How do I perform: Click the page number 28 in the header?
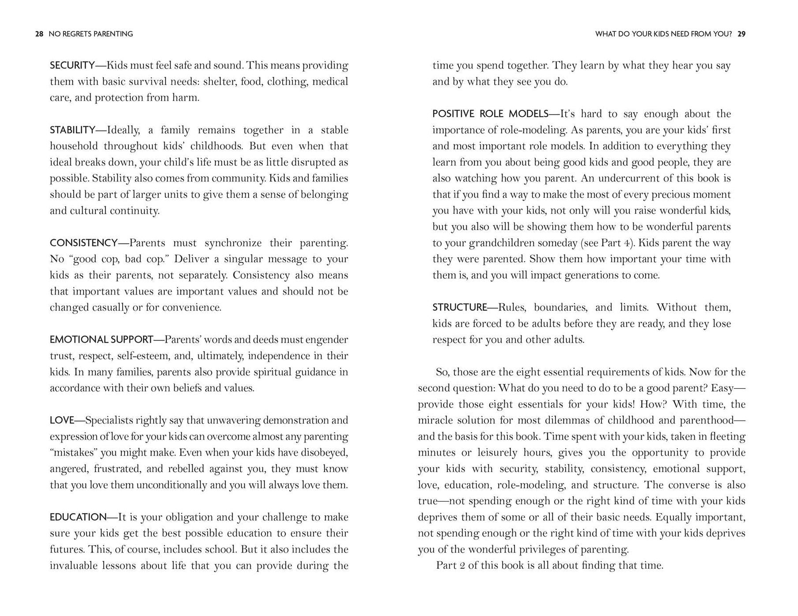pyautogui.click(x=39, y=34)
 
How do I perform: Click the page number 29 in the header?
pyautogui.click(x=741, y=34)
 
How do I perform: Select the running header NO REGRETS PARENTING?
pyautogui.click(x=91, y=34)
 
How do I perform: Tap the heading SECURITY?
pyautogui.click(x=72, y=65)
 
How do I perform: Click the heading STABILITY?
pyautogui.click(x=72, y=130)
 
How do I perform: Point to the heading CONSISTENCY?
pyautogui.click(x=83, y=243)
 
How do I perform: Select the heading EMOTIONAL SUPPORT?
pyautogui.click(x=101, y=340)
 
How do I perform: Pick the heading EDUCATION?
pyautogui.click(x=78, y=517)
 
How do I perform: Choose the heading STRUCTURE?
pyautogui.click(x=459, y=307)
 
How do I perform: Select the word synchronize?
pyautogui.click(x=233, y=243)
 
